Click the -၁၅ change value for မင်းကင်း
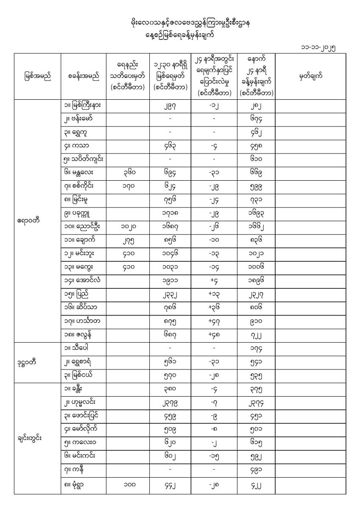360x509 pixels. click(214, 456)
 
